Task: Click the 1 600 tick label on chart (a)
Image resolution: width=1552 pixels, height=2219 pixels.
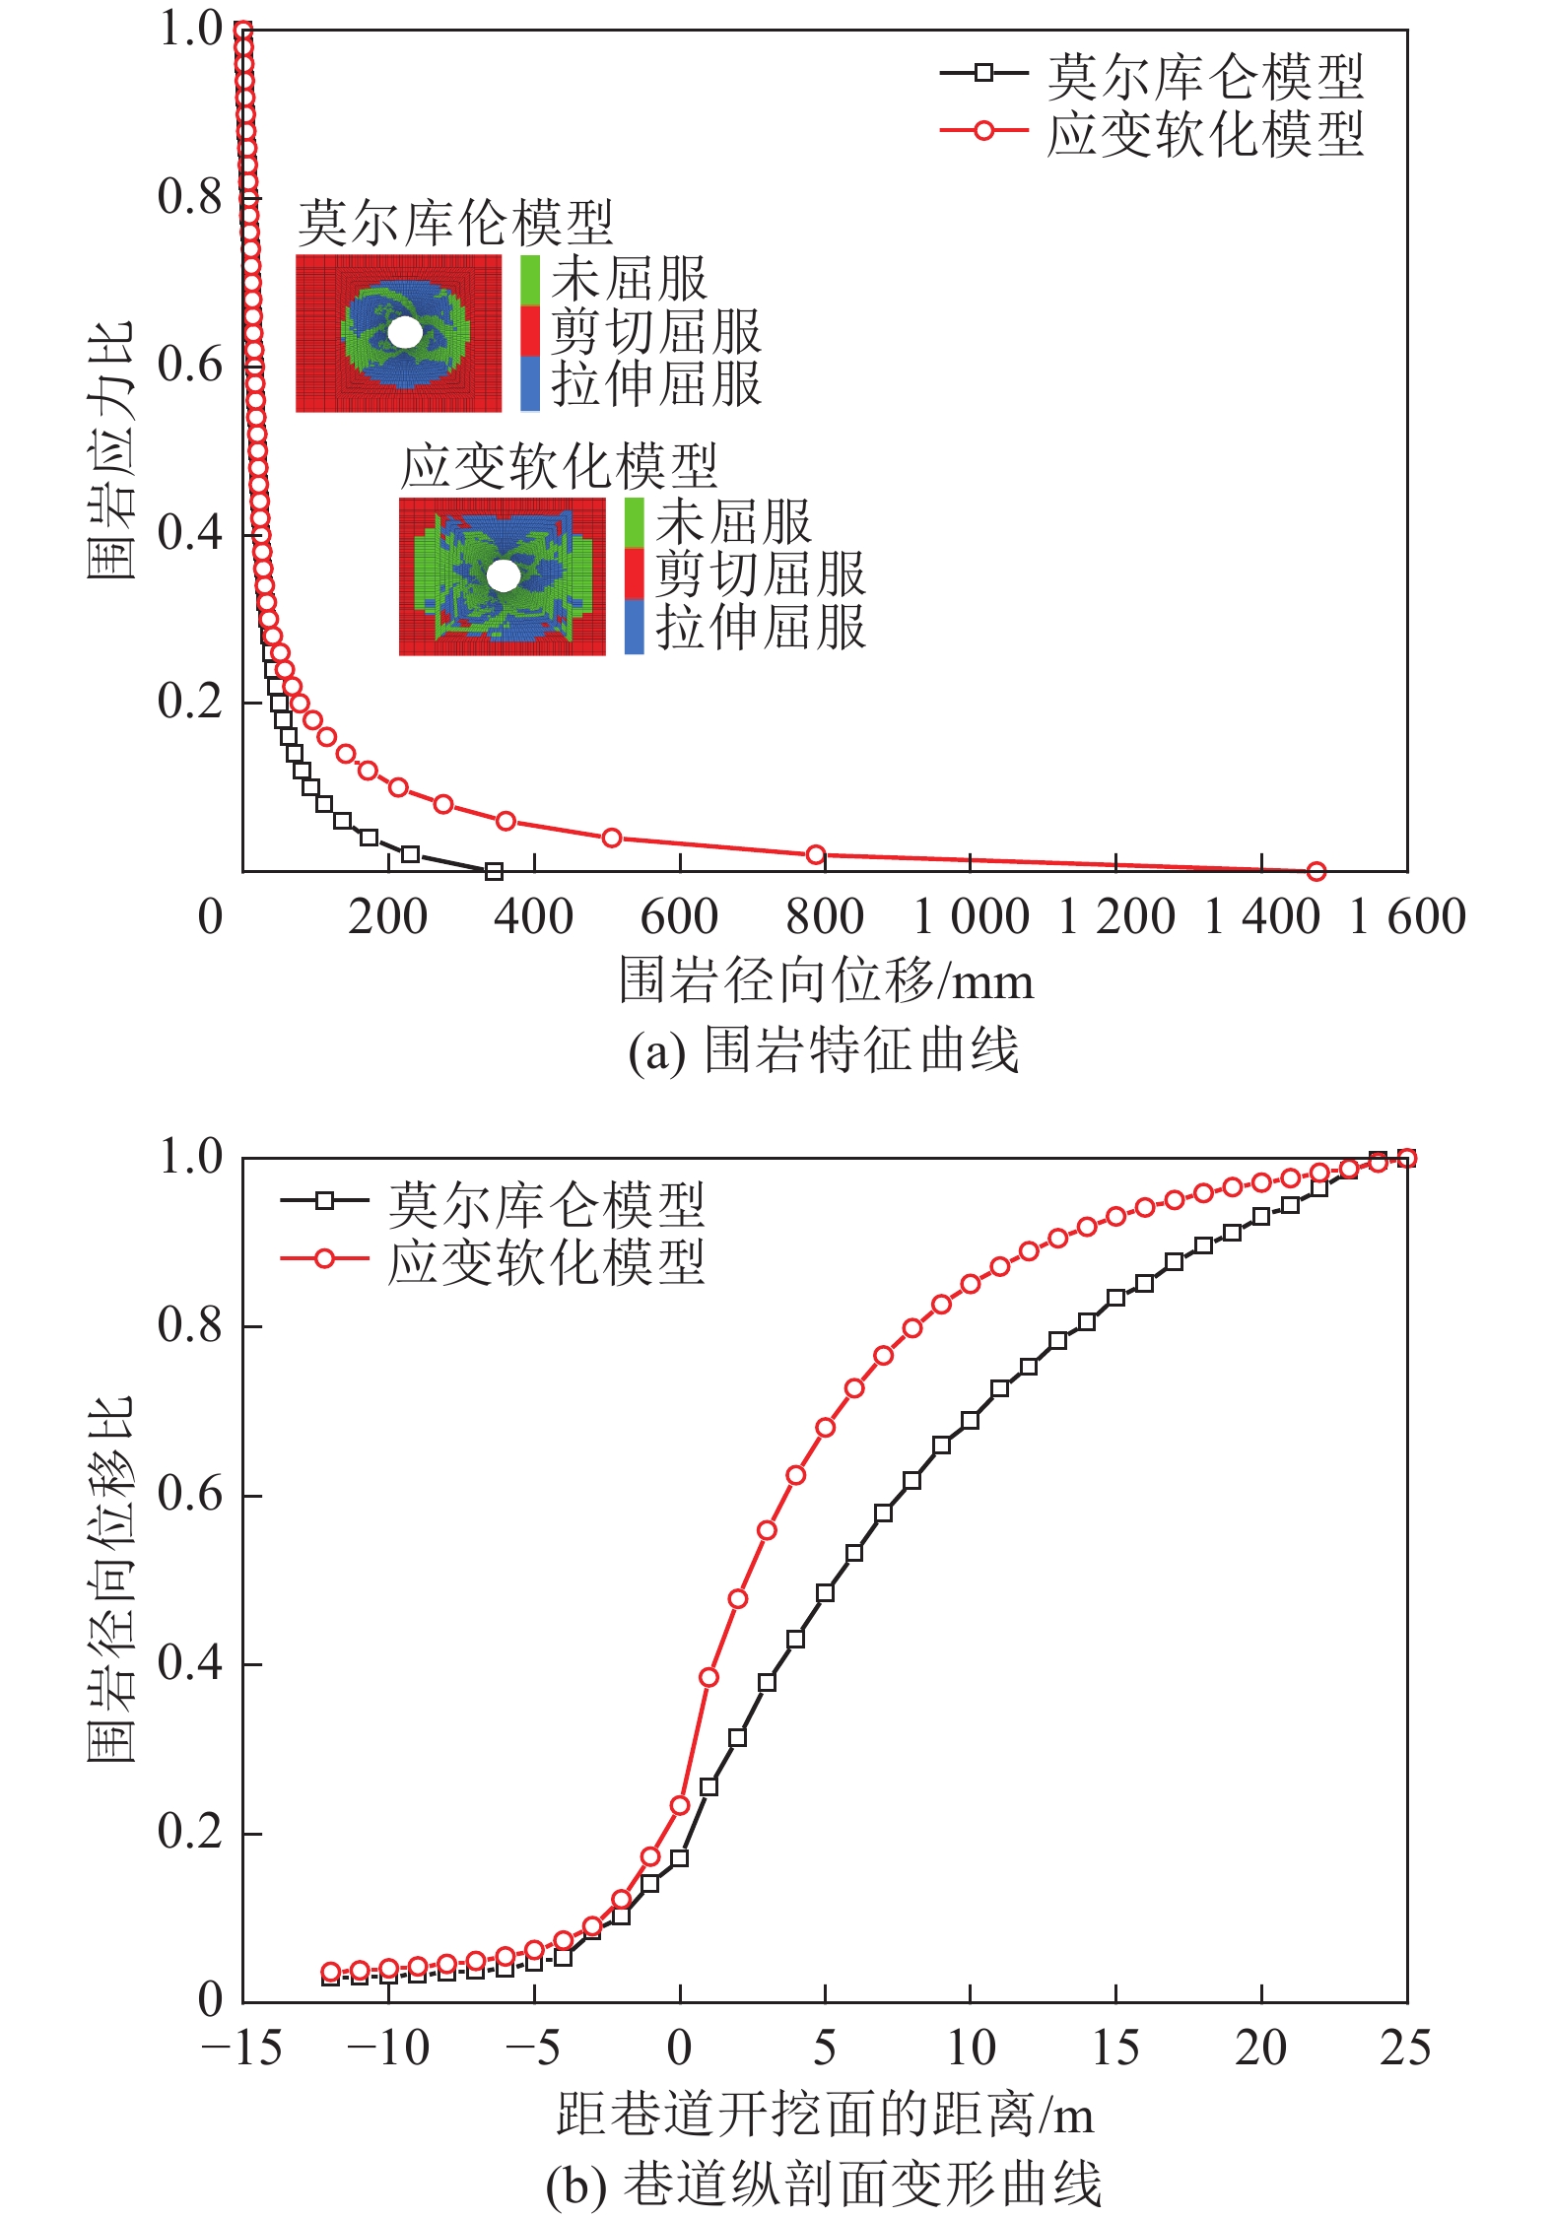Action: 1407,917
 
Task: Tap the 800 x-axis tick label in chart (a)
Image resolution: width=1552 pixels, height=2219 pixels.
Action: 825,917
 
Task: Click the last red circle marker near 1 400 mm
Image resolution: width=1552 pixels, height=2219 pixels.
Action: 1316,871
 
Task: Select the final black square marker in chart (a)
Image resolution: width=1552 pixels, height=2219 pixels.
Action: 495,871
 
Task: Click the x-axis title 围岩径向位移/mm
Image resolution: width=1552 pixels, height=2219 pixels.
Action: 826,981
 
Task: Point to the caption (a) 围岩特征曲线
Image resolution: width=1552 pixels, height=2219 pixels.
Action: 824,1050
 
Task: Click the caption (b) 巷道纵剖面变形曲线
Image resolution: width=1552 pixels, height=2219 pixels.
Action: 824,2184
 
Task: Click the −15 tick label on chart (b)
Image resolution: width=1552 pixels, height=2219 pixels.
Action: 241,2050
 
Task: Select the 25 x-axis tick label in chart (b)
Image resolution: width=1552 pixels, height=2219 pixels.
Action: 1405,2050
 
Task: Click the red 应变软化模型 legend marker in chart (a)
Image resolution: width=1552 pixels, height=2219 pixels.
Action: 983,130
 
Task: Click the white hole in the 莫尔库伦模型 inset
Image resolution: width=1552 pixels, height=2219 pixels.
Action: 404,332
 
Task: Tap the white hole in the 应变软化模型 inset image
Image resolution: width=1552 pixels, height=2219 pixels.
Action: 503,575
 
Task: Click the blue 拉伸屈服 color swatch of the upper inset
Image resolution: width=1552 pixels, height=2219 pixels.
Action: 530,383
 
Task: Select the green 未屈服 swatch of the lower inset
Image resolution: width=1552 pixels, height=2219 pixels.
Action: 634,522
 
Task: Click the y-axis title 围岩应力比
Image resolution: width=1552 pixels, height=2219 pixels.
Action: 109,450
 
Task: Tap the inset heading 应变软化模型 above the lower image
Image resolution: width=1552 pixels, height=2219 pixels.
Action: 559,466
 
